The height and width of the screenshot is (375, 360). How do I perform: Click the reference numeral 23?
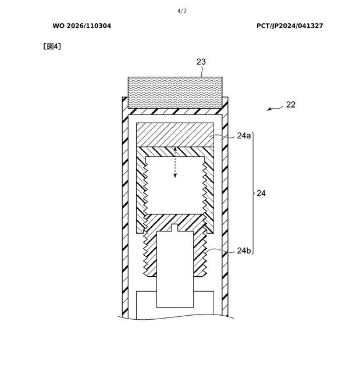tap(201, 62)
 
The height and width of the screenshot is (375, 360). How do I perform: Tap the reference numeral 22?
tap(291, 105)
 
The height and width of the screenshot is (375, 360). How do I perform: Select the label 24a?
tap(244, 135)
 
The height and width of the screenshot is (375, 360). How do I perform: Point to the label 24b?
tap(244, 251)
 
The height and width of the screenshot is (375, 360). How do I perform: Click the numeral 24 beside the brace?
tap(261, 193)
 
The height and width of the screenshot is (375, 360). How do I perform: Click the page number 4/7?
tap(182, 11)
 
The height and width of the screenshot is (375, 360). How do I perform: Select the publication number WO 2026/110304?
tap(82, 26)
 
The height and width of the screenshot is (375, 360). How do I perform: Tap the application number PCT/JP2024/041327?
tap(290, 26)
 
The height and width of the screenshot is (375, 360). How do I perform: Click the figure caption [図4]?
tap(52, 46)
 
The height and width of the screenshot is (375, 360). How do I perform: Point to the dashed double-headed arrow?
tap(175, 162)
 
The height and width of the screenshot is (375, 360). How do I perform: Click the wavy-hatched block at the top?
tap(175, 92)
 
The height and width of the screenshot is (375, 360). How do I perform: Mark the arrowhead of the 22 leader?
tap(268, 110)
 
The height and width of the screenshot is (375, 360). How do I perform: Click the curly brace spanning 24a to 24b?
tap(252, 193)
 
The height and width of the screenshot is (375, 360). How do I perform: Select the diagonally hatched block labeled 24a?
tap(175, 135)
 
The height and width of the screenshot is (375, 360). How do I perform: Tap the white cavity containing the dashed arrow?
tap(175, 185)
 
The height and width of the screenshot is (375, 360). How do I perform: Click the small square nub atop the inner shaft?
tap(175, 228)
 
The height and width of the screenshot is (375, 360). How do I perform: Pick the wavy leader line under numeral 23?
tap(202, 72)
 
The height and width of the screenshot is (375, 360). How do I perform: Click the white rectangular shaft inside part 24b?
tap(175, 269)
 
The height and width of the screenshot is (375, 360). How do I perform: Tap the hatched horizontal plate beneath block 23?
tap(175, 112)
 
